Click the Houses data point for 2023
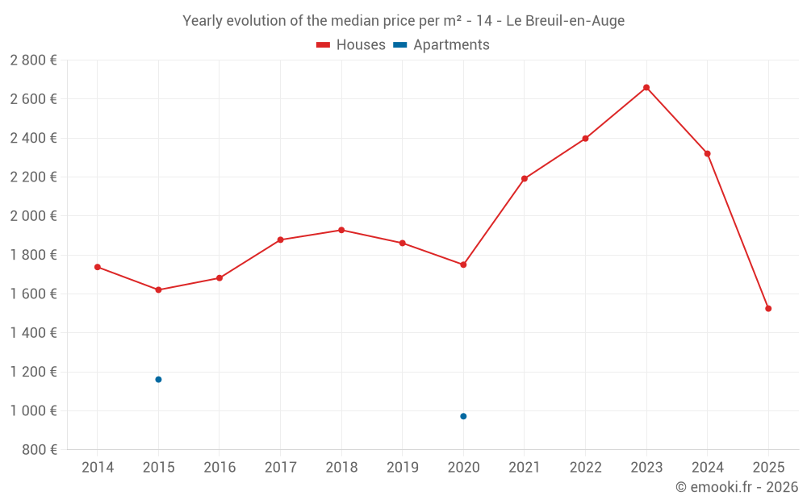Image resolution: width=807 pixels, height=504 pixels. pos(646,87)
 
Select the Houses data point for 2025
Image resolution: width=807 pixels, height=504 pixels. pos(768,308)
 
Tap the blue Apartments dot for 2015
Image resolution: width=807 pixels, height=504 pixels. pos(158,379)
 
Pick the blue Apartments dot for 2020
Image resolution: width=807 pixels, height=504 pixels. pos(463,416)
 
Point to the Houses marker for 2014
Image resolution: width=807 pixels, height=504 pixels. pos(98,267)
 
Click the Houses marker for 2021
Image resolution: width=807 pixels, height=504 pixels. pos(525,178)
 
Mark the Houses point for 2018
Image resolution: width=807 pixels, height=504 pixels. pos(341,230)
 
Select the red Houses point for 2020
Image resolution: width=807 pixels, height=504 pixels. pos(463,264)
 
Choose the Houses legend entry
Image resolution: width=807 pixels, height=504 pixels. pos(351,45)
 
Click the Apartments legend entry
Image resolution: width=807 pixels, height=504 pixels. pos(441,45)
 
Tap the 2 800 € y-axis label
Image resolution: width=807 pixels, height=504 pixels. pos(34,60)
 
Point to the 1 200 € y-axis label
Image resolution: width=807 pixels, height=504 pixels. pos(34,372)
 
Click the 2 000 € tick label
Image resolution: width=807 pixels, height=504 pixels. pos(34,216)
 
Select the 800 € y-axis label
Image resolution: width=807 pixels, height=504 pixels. pos(39,450)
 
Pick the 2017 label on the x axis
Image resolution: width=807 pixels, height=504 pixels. pos(280,468)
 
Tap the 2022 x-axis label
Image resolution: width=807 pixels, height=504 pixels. pos(585,468)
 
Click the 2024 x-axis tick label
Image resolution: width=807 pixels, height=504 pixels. pos(708,468)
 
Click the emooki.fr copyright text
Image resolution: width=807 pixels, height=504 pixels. pos(737,487)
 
